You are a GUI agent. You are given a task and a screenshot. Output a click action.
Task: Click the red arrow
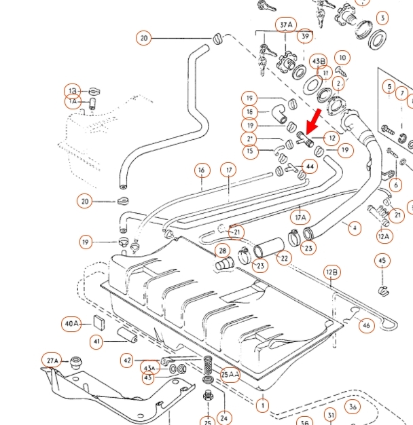(313, 125)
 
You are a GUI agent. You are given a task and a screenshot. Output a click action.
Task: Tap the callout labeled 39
(305, 36)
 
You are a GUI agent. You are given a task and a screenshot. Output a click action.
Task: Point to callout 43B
(318, 60)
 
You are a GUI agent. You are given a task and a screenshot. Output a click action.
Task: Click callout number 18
(249, 112)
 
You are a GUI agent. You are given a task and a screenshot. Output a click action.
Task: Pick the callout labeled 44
(310, 165)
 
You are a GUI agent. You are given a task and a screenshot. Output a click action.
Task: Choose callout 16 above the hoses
(201, 169)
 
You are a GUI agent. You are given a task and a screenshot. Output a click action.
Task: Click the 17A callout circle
(300, 217)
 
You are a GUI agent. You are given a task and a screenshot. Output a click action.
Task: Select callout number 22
(283, 258)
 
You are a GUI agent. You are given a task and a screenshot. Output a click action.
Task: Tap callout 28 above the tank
(222, 251)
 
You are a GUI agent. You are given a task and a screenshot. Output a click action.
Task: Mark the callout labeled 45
(382, 261)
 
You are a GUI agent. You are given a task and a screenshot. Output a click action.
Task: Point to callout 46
(367, 325)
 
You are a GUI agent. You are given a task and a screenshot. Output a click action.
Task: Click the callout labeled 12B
(331, 273)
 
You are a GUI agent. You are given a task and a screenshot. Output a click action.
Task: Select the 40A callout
(72, 323)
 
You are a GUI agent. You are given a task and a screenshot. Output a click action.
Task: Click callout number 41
(96, 341)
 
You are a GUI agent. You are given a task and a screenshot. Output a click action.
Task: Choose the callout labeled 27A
(52, 360)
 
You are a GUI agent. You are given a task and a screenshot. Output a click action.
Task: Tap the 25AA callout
(230, 374)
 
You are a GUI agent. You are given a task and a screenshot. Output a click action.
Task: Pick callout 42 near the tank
(127, 360)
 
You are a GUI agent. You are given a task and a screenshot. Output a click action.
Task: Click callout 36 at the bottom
(353, 407)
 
